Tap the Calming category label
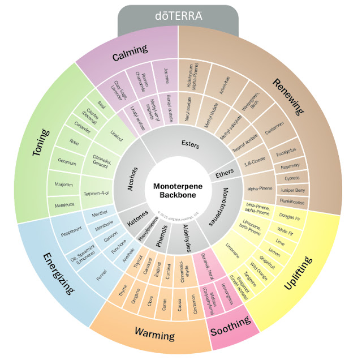126,57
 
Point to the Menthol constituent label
99,215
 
